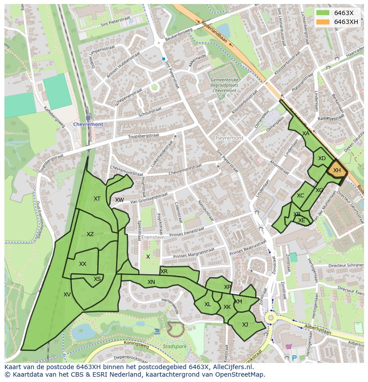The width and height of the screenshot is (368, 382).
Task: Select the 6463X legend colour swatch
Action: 323,12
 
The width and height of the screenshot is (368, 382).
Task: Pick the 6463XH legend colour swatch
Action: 323,22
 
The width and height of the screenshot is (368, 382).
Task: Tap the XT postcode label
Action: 97,199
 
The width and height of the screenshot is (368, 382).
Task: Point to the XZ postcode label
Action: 90,234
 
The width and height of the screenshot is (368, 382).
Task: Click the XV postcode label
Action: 67,294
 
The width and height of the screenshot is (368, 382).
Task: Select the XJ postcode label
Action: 245,324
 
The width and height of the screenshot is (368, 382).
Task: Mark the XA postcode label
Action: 306,133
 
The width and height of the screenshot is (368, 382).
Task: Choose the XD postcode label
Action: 322,158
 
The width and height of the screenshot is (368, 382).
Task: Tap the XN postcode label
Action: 151,282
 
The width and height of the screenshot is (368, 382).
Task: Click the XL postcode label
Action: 208,304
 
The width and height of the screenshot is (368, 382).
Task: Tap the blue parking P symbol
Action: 294,358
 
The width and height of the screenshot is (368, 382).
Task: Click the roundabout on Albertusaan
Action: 271,318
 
